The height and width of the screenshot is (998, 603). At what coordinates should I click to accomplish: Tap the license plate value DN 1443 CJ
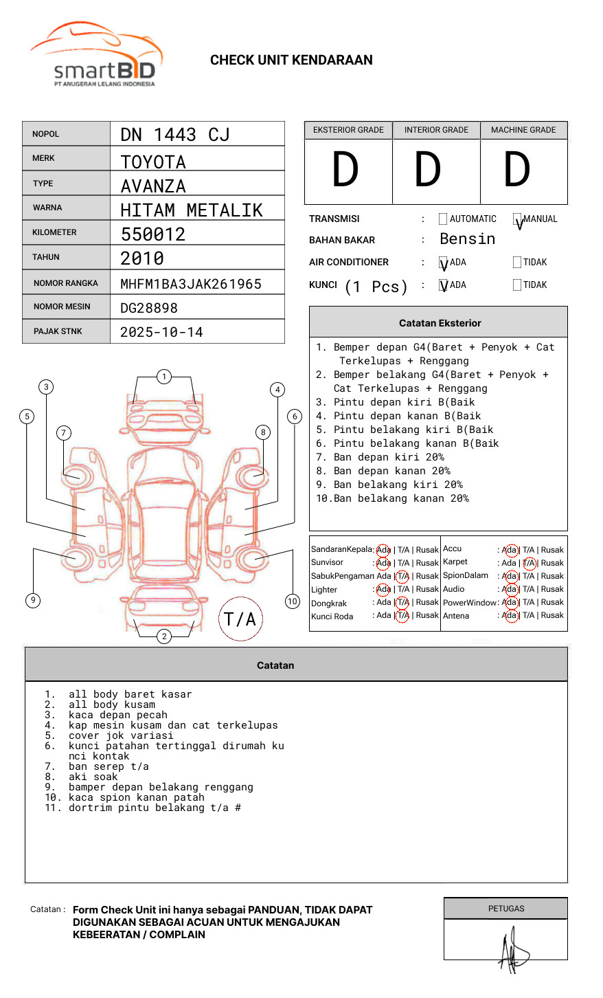coord(175,135)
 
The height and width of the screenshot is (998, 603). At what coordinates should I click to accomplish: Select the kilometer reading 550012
coord(153,234)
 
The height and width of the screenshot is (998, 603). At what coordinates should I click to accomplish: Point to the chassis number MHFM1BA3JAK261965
coord(191,284)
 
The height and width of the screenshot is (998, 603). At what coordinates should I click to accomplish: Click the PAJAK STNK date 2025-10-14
coord(161,332)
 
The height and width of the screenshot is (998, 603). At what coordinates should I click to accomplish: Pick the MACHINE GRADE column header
coord(523,130)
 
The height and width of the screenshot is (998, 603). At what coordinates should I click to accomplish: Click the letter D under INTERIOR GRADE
coord(427,170)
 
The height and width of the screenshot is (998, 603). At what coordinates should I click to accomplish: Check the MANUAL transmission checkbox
coord(517,219)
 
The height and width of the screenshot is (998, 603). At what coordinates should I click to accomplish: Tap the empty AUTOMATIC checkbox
coord(443,219)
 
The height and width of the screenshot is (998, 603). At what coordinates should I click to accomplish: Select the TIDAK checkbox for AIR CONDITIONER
coord(517,263)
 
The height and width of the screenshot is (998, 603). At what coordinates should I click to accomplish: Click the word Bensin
coord(467,239)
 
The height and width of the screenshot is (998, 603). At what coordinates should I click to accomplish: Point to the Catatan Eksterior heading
coord(440,323)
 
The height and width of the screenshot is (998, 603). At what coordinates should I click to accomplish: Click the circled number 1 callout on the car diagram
coord(163,377)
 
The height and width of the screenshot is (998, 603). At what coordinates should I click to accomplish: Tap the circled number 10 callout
coord(293,601)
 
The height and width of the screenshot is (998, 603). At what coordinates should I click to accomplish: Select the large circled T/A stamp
coord(240,619)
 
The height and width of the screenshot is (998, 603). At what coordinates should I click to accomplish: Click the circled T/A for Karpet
coord(528,563)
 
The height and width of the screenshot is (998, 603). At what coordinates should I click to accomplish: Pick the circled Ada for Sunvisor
coord(383,563)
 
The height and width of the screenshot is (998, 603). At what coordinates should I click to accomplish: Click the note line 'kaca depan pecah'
coord(118,715)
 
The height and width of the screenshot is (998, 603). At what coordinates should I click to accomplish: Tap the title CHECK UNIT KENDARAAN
coord(291,60)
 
